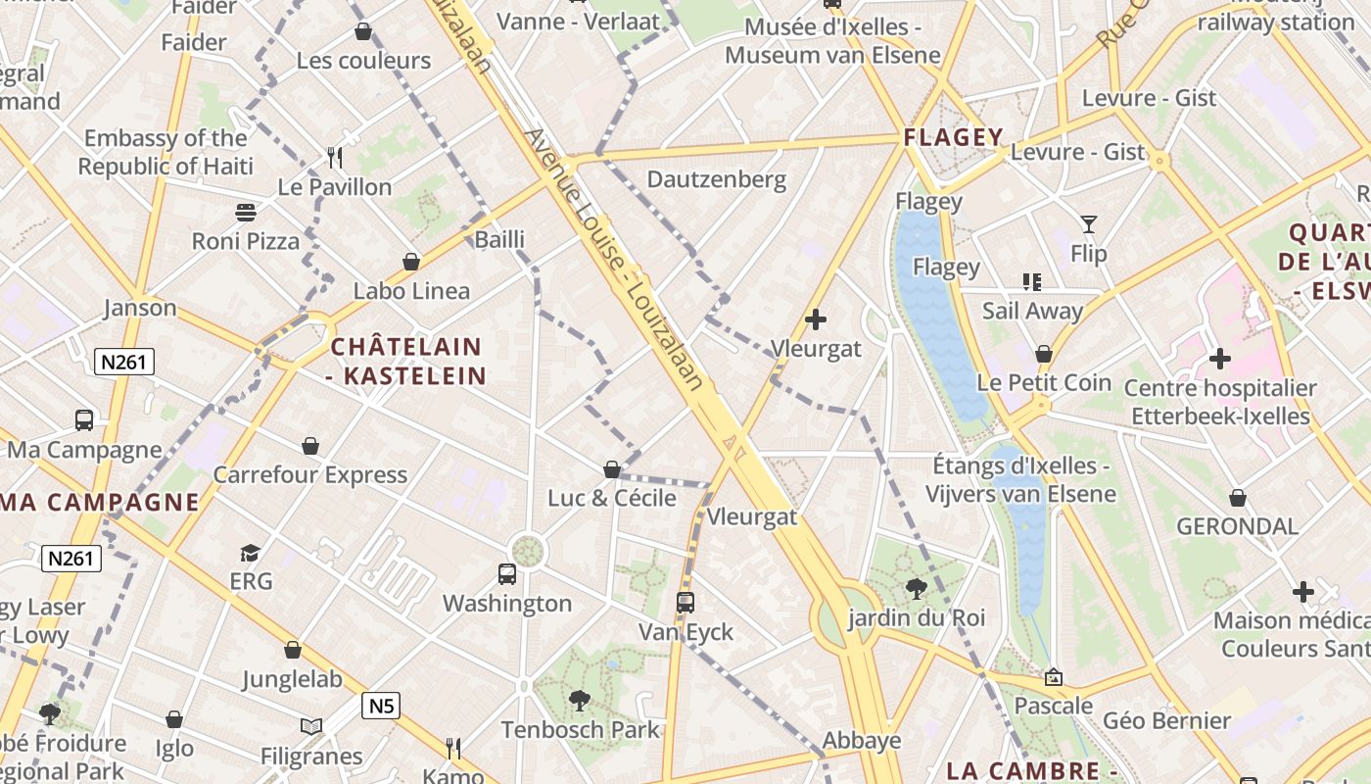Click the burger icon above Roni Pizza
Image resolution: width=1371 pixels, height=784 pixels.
tap(245, 212)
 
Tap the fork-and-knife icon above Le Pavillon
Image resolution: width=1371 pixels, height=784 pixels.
tap(335, 157)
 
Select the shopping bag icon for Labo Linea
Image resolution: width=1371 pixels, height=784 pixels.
tap(411, 262)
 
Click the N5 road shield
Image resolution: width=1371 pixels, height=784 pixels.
tap(381, 705)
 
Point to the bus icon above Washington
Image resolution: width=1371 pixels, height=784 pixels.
tap(507, 574)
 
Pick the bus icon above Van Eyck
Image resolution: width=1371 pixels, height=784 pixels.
tap(685, 603)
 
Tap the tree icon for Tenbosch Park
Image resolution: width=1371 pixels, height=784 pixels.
tap(580, 700)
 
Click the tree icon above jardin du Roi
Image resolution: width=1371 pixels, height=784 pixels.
tap(917, 588)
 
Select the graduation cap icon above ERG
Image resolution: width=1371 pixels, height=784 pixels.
tap(251, 553)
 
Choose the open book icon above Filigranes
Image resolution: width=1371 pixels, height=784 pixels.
tap(311, 727)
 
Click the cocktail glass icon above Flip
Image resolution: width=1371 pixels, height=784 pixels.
tap(1088, 224)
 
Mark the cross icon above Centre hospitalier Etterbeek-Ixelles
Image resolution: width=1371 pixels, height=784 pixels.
tap(1219, 359)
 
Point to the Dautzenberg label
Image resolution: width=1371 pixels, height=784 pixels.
tap(717, 179)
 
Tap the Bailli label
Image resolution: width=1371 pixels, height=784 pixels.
tap(499, 239)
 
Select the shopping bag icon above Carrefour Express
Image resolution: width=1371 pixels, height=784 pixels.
tap(310, 446)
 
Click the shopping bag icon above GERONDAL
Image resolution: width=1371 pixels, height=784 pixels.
tap(1238, 498)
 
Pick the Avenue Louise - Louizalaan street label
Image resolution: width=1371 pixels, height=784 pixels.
tap(615, 260)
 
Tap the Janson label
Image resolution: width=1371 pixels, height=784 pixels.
tap(140, 308)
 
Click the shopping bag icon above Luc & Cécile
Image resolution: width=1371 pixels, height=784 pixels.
tap(612, 469)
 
